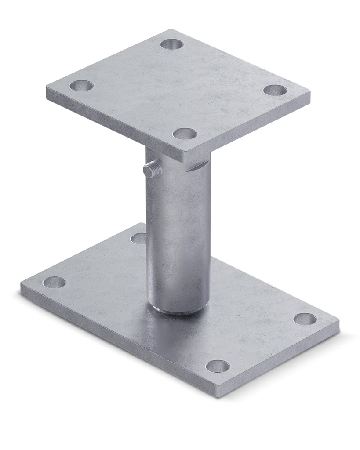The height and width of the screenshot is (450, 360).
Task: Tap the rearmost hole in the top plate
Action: pos(171,44)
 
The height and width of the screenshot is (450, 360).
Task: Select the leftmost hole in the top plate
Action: pos(81,85)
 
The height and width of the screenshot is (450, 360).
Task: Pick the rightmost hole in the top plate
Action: pos(275,91)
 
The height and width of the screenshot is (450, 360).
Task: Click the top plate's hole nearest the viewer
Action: pos(184,133)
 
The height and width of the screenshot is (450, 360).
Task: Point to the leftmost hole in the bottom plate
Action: pos(54,283)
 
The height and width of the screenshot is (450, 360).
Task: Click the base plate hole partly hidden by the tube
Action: pos(139,238)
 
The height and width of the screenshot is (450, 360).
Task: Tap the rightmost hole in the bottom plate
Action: pos(305,319)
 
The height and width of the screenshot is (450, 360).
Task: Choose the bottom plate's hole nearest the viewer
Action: pos(218,366)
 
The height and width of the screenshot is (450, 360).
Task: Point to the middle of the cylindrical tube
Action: pos(178,233)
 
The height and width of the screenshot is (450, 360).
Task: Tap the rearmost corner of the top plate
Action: pos(171,31)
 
